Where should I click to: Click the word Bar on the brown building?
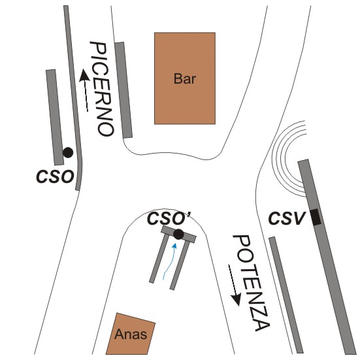pos(185,79)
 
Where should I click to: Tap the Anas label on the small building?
pos(131,334)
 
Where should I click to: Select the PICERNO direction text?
pos(102,89)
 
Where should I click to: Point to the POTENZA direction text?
pos(252,284)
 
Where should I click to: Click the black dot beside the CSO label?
pos(68,152)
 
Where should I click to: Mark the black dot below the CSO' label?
pos(178,235)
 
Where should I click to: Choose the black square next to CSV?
pos(316,217)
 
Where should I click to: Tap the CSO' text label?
pos(170,218)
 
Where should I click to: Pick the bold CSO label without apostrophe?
pos(55,177)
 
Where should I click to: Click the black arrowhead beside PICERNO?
pos(84,76)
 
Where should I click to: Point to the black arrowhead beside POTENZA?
pos(237,300)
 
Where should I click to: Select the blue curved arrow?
pos(169,262)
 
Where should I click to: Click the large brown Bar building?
pos(185,78)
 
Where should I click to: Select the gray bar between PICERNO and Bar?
pos(123,90)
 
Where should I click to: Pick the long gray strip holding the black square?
pos(327,257)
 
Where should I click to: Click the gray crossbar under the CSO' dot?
pos(178,235)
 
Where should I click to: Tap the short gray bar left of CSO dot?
pos(55,117)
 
